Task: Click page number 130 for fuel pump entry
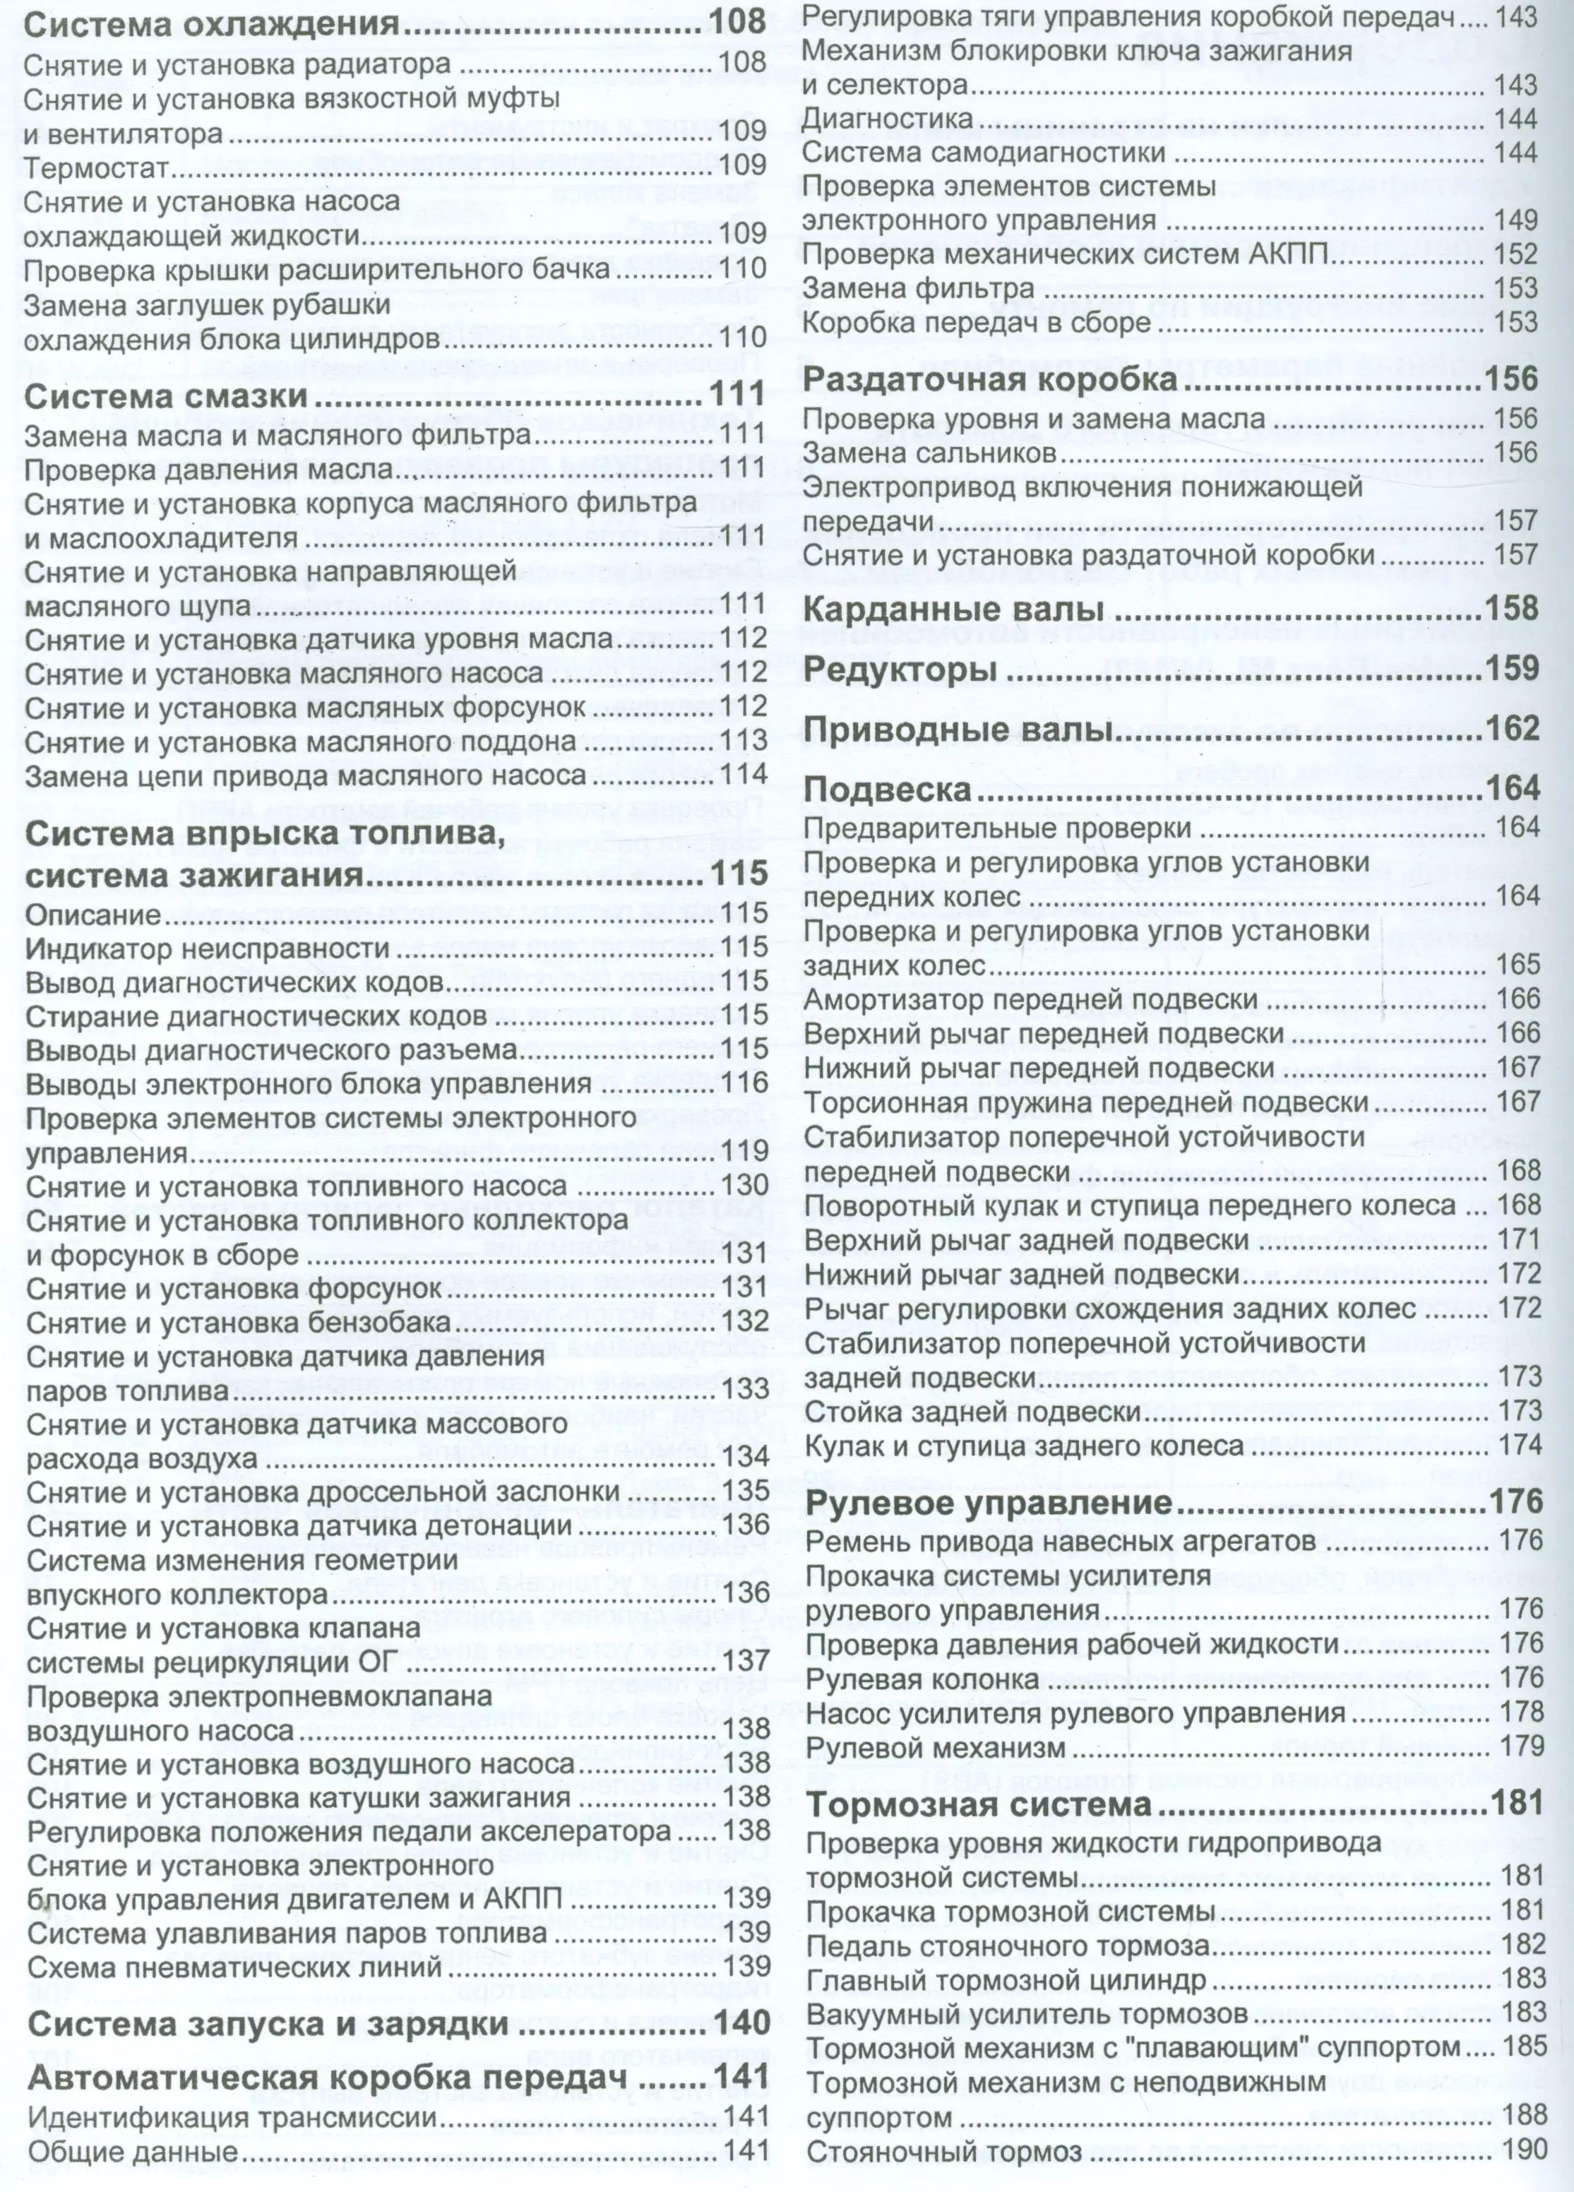(744, 1185)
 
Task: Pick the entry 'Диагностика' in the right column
(888, 119)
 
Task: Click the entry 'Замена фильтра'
(918, 288)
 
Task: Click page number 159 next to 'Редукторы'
(1510, 669)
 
